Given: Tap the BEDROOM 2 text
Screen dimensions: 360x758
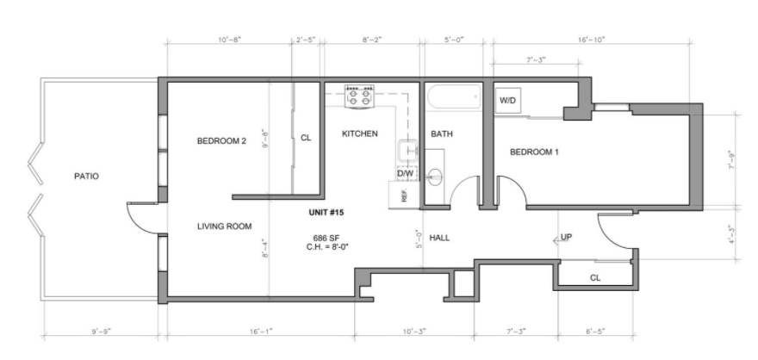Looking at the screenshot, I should [221, 140].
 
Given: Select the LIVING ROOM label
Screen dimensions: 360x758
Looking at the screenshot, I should [224, 227].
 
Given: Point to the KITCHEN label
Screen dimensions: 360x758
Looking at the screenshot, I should [360, 133].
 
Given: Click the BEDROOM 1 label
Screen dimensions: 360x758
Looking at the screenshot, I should [535, 152].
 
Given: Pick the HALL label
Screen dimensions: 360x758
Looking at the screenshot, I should [440, 237].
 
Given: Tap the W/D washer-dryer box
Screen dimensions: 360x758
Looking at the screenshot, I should [507, 101].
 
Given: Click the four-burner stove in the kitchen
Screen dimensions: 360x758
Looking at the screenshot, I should [359, 96].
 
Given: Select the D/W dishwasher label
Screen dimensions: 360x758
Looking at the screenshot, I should [405, 174].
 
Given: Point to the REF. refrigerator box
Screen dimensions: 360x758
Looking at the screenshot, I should [405, 195].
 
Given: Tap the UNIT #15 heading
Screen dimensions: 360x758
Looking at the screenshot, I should [326, 211].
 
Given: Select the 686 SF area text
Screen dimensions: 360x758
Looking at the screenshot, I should [326, 237].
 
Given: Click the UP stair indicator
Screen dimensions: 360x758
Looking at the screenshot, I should [566, 237].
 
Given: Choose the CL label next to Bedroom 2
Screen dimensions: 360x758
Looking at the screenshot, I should [306, 137].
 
